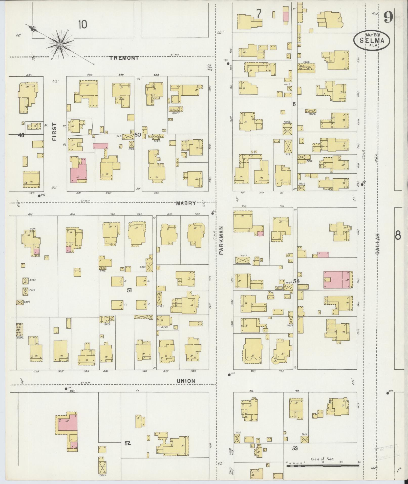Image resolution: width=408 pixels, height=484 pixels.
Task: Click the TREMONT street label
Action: tap(124, 58)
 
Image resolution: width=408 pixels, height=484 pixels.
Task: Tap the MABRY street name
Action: tap(186, 203)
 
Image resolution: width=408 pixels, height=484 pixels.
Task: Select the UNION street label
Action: tap(186, 381)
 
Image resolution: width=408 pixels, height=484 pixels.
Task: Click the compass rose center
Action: tap(60, 45)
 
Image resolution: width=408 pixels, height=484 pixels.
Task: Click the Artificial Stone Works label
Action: tap(306, 68)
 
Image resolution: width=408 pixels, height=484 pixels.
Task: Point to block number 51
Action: tap(129, 290)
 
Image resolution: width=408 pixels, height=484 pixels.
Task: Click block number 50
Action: tap(138, 135)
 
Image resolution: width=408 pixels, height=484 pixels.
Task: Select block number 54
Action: tap(296, 281)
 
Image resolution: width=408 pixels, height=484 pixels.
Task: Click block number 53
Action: tap(295, 449)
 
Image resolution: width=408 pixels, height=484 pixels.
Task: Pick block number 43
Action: tap(21, 135)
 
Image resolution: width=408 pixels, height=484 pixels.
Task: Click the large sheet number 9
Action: tap(388, 17)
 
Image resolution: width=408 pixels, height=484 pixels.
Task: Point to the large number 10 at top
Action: tap(83, 25)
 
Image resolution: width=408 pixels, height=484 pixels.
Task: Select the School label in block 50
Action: tap(173, 110)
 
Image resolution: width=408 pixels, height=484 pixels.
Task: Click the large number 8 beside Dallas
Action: tap(398, 236)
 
